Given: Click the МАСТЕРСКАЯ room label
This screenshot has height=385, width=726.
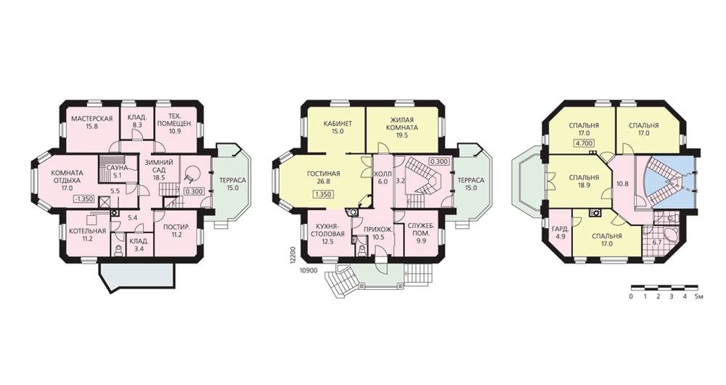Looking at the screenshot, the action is tap(91, 122).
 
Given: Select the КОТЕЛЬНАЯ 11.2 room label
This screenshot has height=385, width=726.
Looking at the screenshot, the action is tap(88, 235).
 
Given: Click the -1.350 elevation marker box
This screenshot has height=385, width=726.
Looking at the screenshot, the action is tap(83, 199).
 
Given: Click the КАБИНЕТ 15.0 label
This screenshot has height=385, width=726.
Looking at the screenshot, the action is tap(338, 127).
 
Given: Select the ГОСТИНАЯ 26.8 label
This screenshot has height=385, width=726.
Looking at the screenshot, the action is tap(324, 177).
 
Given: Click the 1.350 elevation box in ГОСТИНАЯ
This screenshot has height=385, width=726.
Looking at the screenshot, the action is tap(323, 194).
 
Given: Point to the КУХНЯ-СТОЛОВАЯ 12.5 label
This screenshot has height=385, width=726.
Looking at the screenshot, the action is tap(327, 233).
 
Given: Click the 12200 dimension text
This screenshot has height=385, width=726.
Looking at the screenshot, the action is tap(292, 255).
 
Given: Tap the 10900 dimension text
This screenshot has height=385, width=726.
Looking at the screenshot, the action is tap(308, 271).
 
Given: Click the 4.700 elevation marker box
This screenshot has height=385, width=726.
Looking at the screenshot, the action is tap(584, 144).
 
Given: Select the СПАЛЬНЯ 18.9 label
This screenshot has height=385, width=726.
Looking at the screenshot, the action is tap(584, 181).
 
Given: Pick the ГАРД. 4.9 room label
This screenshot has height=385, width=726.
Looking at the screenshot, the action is tap(560, 232).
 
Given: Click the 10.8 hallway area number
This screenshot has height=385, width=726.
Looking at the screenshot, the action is tap(623, 184).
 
